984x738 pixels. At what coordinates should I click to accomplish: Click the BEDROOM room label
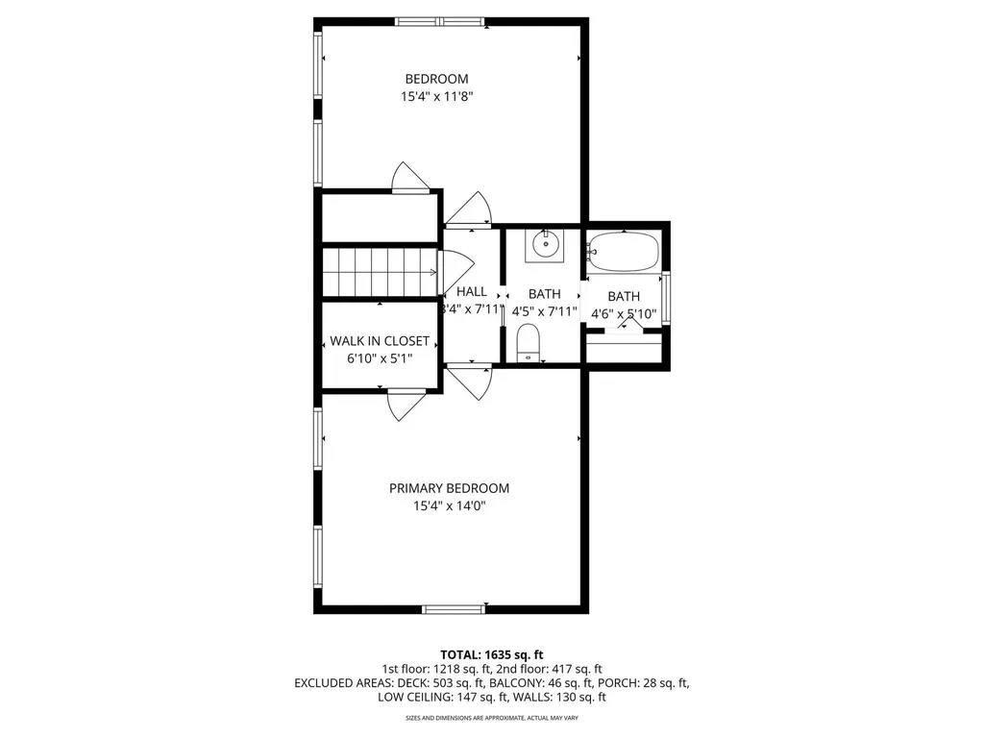coord(436,79)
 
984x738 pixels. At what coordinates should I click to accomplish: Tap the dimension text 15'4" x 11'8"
coord(436,96)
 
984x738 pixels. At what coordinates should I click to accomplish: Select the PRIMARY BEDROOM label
coord(449,488)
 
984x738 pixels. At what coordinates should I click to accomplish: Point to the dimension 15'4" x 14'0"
coord(449,505)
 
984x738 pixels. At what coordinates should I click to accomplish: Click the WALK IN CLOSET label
coord(380,341)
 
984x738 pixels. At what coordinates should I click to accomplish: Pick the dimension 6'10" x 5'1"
coord(380,358)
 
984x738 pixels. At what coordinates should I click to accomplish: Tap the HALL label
coord(472,292)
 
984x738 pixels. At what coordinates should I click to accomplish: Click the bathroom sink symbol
coord(546,245)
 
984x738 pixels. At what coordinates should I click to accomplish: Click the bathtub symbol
coord(624,253)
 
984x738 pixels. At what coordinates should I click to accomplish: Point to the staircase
coord(379,272)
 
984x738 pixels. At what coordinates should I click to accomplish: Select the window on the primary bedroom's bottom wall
coord(454,608)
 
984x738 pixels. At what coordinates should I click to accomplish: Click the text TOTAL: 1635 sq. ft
coord(492,654)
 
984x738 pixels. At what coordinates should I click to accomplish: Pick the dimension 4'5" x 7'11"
coord(544,311)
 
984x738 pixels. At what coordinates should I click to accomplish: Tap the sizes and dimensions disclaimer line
coord(492,718)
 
